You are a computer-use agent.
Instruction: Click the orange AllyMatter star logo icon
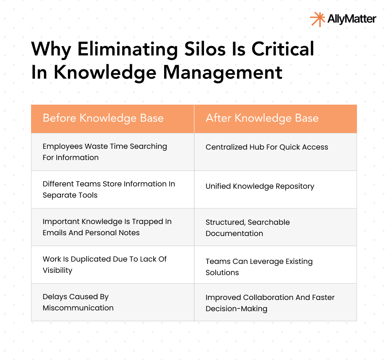pyautogui.click(x=317, y=19)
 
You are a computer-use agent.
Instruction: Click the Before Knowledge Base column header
pyautogui.click(x=103, y=118)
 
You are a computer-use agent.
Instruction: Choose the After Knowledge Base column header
pyautogui.click(x=262, y=118)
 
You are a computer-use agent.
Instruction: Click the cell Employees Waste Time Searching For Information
pyautogui.click(x=105, y=152)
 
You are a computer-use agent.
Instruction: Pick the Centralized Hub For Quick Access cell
pyautogui.click(x=267, y=147)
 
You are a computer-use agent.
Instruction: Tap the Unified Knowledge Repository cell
pyautogui.click(x=260, y=186)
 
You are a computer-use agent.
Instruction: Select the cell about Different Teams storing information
pyautogui.click(x=109, y=189)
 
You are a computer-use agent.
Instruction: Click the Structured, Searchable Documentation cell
pyautogui.click(x=248, y=228)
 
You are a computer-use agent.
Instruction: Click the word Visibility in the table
pyautogui.click(x=58, y=270)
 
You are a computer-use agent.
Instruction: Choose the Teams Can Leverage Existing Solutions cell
pyautogui.click(x=259, y=267)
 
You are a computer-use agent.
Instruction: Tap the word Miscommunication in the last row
pyautogui.click(x=78, y=308)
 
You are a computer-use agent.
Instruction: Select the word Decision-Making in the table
pyautogui.click(x=236, y=309)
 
